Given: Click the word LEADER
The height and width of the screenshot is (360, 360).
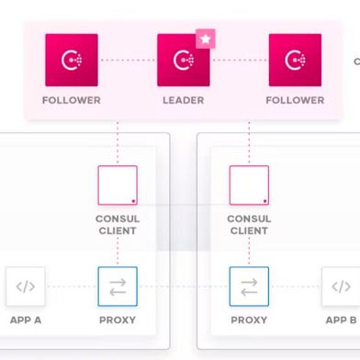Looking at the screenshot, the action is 184,100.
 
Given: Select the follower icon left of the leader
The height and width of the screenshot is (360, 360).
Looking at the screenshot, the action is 71,61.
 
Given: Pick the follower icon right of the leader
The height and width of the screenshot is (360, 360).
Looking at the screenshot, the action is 295,61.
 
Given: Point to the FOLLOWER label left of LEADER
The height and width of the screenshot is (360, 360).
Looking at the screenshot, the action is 71,100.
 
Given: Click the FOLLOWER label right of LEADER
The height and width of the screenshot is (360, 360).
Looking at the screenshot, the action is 295,100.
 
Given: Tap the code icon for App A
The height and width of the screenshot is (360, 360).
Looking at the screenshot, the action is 26,287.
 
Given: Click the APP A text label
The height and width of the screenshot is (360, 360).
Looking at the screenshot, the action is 26,321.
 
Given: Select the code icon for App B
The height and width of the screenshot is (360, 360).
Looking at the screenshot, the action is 341,287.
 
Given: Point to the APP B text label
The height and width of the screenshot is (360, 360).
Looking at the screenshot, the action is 341,321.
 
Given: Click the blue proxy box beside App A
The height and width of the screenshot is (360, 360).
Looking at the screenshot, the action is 118,287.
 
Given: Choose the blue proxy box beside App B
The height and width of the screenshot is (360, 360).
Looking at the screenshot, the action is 249,287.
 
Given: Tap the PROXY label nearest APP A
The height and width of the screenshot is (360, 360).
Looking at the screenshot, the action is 118,321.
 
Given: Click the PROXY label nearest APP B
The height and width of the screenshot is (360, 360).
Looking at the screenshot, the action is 249,321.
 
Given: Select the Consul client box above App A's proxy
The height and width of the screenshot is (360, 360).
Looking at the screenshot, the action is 118,185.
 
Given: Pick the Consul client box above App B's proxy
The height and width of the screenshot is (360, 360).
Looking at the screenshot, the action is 249,185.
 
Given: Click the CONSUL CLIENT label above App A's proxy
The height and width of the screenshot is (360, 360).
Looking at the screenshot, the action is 118,225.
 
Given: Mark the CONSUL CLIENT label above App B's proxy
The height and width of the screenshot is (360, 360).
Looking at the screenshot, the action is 249,225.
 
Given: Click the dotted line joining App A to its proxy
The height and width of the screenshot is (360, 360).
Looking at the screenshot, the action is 72,287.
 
